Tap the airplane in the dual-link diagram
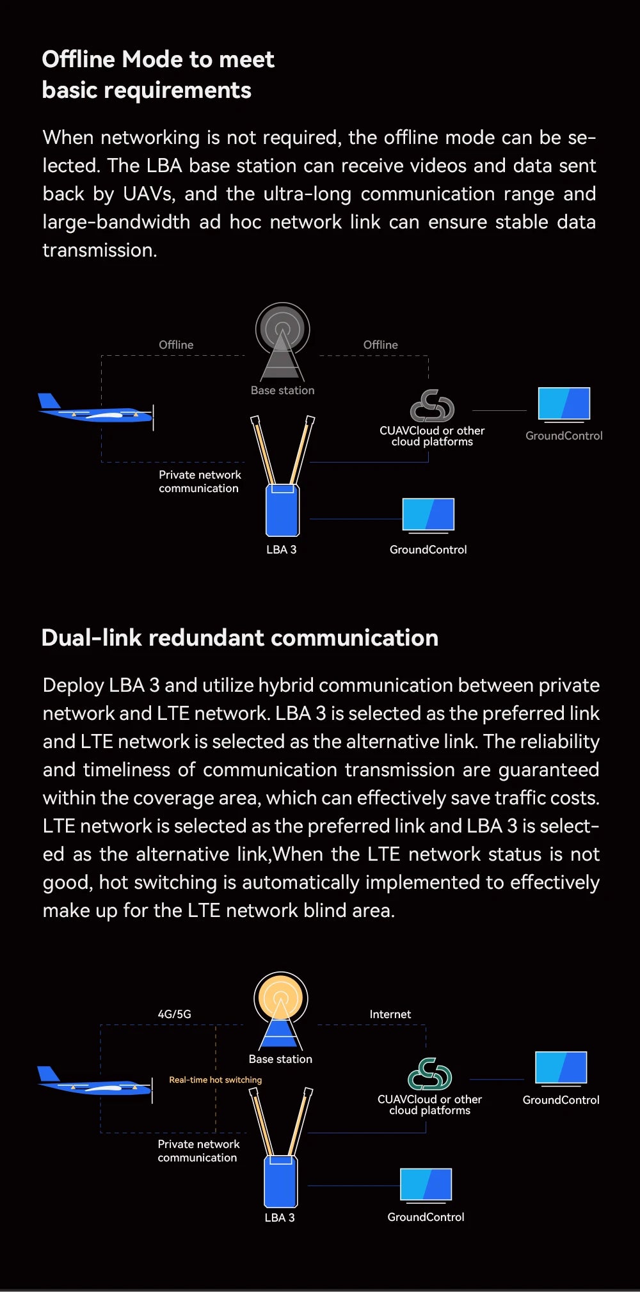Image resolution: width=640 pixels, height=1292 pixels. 95,1083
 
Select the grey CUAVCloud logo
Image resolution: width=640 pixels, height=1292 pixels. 432,406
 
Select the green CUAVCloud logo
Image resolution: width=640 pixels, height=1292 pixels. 429,1074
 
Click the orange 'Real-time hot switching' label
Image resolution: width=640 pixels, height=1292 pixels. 215,1080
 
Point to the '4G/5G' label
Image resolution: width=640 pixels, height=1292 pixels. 174,1014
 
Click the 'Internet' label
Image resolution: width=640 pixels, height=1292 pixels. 390,1014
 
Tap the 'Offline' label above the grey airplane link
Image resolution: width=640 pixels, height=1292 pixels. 176,344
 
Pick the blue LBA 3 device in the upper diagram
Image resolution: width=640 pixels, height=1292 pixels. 282,510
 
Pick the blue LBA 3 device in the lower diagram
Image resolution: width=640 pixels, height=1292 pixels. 280,1180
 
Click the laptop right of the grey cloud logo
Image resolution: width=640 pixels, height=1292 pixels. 564,404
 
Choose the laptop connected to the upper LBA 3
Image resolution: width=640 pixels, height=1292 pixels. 428,515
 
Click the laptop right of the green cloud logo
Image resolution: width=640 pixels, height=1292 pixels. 561,1069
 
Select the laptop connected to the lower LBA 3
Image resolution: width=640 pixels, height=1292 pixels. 426,1184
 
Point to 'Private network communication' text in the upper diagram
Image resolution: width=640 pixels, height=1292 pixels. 199,481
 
